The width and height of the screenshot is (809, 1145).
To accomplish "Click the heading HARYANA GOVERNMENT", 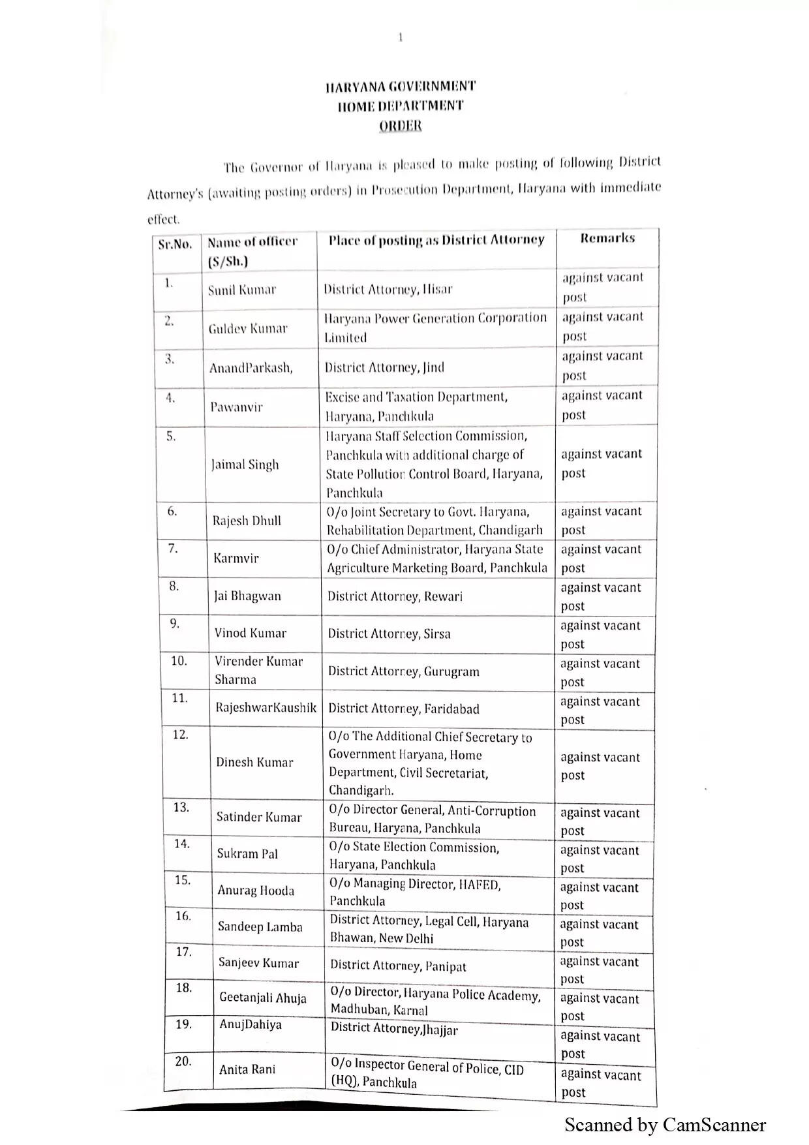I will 401,86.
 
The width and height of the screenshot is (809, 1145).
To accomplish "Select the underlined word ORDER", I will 401,125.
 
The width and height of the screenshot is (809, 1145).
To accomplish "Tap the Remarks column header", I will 607,238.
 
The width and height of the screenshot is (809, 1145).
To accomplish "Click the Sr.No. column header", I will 176,245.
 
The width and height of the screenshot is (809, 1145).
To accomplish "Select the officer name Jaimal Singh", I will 245,465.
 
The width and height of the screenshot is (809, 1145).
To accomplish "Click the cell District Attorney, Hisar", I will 388,288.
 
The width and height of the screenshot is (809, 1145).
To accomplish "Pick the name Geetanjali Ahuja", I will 263,998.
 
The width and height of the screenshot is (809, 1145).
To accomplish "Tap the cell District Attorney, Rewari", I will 395,596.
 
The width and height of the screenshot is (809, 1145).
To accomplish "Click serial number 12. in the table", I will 180,735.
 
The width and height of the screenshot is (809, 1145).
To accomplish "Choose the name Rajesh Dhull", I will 247,521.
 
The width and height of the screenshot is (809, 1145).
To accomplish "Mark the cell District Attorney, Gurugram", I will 404,671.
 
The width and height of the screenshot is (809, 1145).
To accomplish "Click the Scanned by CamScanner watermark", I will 665,1125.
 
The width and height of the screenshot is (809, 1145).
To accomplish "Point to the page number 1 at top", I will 401,37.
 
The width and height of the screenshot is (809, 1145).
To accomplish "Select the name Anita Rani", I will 247,1069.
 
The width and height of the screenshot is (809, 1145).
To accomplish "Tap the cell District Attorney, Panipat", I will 398,966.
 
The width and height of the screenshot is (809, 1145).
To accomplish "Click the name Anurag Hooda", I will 256,891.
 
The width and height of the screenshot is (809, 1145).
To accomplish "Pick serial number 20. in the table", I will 183,1061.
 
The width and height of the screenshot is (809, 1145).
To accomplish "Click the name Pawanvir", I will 236,407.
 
